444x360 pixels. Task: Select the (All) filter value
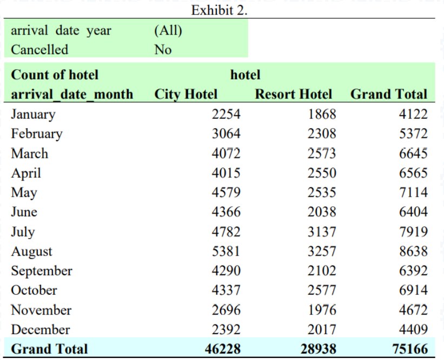coord(168,30)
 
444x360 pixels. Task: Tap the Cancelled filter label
coord(39,50)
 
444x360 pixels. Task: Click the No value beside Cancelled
coord(163,50)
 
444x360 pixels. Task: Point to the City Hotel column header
coord(186,94)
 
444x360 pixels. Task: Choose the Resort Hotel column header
coord(293,94)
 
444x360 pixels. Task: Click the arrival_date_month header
coord(72,94)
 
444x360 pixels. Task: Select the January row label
coord(33,114)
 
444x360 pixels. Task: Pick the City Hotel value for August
coord(226,251)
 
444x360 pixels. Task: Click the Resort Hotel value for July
coord(322,232)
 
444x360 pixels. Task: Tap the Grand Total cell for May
coord(413,192)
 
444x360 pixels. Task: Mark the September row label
coord(42,271)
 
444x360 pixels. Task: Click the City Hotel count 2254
coord(226,114)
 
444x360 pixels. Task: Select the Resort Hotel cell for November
coord(322,310)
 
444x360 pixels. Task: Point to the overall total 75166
coord(409,349)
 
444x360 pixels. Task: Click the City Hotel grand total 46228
coord(222,349)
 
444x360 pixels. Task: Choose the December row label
coord(41,330)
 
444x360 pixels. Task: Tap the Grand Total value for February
coord(413,134)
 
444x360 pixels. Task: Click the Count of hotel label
coord(55,75)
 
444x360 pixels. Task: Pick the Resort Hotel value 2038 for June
coord(322,212)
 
